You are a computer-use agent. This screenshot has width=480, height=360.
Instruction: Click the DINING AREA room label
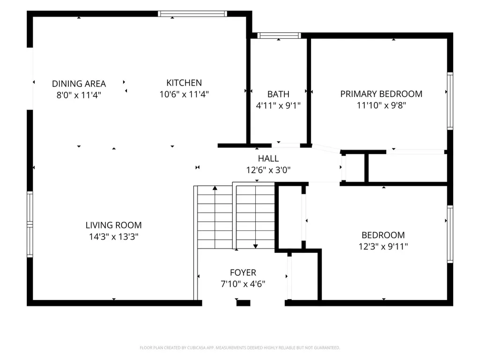pyautogui.click(x=79, y=84)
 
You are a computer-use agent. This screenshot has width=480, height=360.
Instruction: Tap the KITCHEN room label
pyautogui.click(x=184, y=83)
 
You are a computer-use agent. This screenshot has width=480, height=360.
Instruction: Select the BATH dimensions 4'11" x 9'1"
pyautogui.click(x=278, y=106)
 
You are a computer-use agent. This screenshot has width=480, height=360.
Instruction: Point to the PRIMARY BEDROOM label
pyautogui.click(x=382, y=94)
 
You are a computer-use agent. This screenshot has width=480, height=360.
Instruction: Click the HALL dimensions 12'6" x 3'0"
pyautogui.click(x=268, y=170)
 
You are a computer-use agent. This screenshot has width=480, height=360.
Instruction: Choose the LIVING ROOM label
pyautogui.click(x=114, y=225)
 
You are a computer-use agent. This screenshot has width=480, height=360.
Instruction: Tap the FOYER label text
pyautogui.click(x=243, y=272)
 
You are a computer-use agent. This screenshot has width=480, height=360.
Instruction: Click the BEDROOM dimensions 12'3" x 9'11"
pyautogui.click(x=383, y=246)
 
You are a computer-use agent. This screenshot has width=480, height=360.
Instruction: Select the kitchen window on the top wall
pyautogui.click(x=192, y=14)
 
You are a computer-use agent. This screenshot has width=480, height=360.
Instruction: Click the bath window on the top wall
pyautogui.click(x=279, y=36)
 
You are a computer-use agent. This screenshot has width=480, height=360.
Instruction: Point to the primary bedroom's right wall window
pyautogui.click(x=450, y=101)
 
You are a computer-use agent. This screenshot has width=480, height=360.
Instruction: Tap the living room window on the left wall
pyautogui.click(x=30, y=224)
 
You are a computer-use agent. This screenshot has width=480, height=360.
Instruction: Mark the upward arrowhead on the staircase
pyautogui.click(x=215, y=188)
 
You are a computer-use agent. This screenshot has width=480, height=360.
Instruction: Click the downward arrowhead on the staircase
pyautogui.click(x=256, y=246)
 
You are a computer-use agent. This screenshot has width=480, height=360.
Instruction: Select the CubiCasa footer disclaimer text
pyautogui.click(x=240, y=348)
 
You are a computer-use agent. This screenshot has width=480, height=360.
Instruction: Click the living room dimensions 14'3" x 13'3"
pyautogui.click(x=114, y=236)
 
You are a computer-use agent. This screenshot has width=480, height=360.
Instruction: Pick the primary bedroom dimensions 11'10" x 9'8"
pyautogui.click(x=382, y=105)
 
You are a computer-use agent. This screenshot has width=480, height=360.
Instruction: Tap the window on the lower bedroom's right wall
pyautogui.click(x=450, y=235)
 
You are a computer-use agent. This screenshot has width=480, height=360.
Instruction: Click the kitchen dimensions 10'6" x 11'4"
pyautogui.click(x=184, y=94)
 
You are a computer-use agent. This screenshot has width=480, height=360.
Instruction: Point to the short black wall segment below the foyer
pyautogui.click(x=244, y=303)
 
